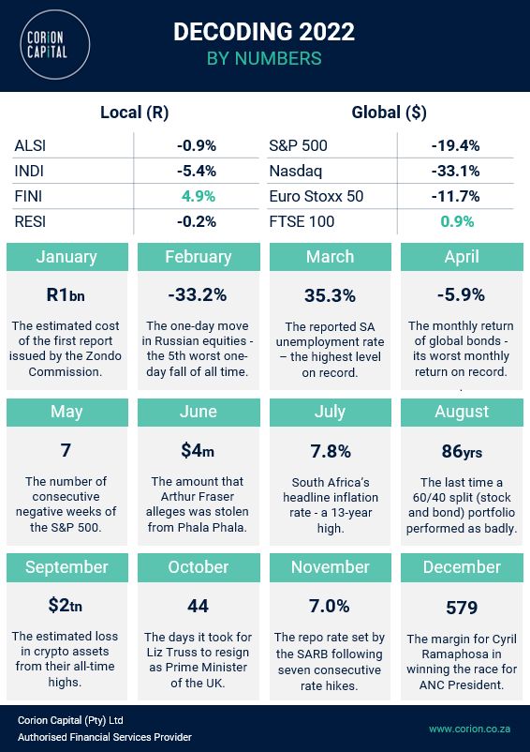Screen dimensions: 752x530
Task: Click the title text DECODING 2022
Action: (264, 32)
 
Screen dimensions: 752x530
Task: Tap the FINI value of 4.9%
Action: (197, 196)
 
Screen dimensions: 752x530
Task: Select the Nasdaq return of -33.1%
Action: (455, 171)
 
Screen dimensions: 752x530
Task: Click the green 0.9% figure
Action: (455, 222)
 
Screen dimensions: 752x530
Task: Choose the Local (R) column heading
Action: (134, 113)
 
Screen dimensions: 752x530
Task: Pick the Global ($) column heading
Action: (389, 113)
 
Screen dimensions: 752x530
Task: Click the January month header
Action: (66, 257)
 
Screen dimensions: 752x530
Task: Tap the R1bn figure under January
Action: (66, 294)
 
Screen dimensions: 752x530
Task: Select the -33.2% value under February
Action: (197, 294)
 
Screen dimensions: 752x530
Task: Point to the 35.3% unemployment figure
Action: (330, 295)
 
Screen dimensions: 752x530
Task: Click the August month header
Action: (462, 412)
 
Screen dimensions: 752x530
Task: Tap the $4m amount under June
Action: (197, 451)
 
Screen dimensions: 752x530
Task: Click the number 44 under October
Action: (197, 606)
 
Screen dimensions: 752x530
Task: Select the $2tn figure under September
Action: (66, 606)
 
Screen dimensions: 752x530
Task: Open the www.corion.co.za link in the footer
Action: (468, 728)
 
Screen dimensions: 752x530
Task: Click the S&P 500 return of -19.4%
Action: (455, 145)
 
